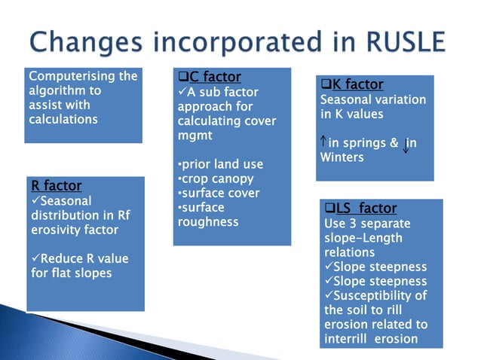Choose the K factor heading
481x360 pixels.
pos(357,84)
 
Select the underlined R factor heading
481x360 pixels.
pos(57,185)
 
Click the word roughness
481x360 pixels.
pos(208,221)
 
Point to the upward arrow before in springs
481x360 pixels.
pos(323,142)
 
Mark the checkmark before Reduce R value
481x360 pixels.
pos(35,258)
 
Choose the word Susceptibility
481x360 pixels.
pos(380,295)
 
